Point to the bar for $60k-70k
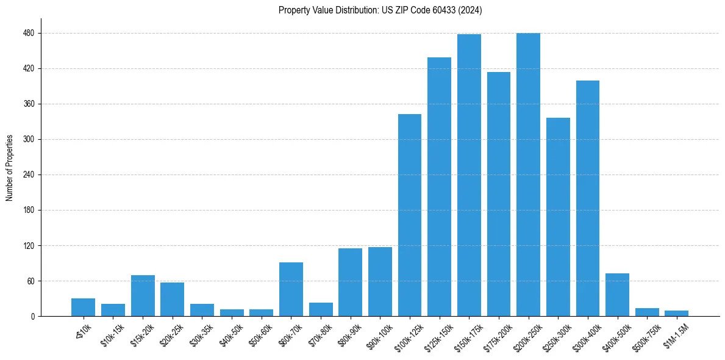291,289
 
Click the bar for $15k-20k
143,296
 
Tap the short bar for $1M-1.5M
676,314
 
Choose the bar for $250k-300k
558,217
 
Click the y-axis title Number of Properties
9,167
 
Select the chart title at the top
380,10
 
